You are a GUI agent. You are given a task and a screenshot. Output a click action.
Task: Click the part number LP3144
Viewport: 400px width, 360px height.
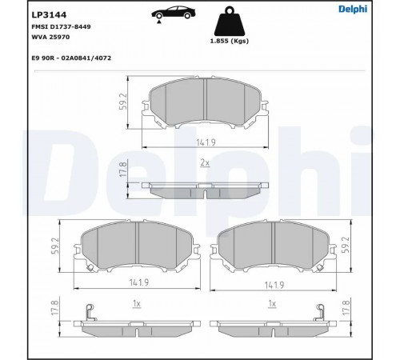49,15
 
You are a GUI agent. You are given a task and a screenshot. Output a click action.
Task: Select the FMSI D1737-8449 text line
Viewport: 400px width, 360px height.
61,26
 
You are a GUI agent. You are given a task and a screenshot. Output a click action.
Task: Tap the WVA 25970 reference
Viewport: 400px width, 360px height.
50,37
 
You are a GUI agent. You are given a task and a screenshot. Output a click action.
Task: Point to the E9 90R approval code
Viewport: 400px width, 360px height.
71,58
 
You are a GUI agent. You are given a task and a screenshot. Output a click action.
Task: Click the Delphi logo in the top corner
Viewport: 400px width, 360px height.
353,9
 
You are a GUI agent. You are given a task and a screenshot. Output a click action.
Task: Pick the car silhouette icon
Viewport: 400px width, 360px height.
174,14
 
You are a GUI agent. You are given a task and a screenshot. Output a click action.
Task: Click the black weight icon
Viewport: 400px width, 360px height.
230,22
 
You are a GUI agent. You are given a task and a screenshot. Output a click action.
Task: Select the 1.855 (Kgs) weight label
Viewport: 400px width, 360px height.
230,41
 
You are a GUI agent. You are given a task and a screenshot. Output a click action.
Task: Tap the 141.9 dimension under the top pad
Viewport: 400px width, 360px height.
206,142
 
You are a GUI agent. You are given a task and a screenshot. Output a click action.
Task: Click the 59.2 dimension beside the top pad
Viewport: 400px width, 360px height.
124,102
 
